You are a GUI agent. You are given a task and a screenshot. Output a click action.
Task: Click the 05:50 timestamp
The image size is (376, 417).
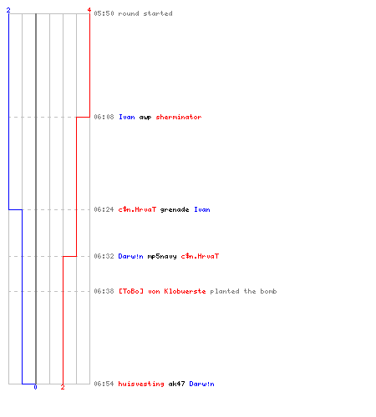(x=104, y=13)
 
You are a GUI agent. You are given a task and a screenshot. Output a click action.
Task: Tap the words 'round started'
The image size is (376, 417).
(x=145, y=13)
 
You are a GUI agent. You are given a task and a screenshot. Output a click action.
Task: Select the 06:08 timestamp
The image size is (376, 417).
(x=104, y=117)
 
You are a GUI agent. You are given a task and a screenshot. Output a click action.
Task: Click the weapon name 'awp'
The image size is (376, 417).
(x=145, y=118)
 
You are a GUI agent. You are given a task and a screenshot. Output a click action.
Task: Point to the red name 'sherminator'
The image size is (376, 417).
(x=179, y=117)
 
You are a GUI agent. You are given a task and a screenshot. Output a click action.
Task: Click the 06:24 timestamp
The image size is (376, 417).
(x=104, y=209)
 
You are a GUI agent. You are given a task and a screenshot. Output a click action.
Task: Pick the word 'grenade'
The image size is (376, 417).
(x=175, y=210)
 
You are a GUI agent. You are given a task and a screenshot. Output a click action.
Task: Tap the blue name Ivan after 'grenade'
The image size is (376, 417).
(x=202, y=209)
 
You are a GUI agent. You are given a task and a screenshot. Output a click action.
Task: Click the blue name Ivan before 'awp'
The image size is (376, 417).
(x=127, y=117)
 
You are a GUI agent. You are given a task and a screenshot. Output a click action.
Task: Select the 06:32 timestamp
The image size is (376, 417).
(x=104, y=256)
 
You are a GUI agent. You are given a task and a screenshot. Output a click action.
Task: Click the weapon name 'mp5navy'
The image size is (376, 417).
(x=162, y=257)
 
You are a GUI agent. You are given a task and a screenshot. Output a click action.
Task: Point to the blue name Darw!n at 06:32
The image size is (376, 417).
(x=131, y=256)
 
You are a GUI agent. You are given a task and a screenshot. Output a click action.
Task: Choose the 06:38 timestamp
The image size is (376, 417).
(x=104, y=291)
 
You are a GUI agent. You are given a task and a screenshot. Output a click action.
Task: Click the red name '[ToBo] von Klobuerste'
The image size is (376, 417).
(x=162, y=291)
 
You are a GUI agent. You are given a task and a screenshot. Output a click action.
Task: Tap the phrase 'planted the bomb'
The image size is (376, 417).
(x=243, y=291)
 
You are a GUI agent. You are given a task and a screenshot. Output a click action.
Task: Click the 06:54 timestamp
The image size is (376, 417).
(x=104, y=384)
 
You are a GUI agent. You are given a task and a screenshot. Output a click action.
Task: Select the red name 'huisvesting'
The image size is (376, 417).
(x=141, y=384)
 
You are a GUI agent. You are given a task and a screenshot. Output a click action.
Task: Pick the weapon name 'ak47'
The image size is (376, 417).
(x=176, y=384)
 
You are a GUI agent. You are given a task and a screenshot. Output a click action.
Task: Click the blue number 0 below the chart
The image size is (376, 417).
(x=35, y=387)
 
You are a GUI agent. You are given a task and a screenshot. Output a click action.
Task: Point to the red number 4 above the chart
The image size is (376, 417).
(x=89, y=10)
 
